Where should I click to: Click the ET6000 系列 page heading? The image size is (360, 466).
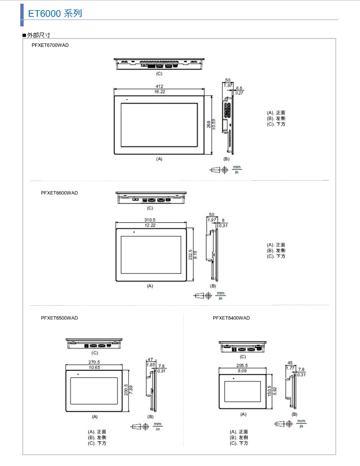point(55,13)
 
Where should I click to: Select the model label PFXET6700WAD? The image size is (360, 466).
point(50,45)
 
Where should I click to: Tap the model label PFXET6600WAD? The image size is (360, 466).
point(59,193)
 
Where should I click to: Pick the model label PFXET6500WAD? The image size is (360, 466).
point(59,318)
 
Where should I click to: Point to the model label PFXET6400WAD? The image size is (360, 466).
point(231,318)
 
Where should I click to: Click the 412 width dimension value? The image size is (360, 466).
point(160,87)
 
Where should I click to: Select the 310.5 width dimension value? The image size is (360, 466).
point(150,220)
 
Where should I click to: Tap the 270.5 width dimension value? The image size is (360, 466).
point(94,362)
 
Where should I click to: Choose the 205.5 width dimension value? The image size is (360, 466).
point(242,366)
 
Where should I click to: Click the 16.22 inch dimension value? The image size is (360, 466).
point(160,92)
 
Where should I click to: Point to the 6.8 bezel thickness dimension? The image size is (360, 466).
point(239,88)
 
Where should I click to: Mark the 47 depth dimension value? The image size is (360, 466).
point(150,360)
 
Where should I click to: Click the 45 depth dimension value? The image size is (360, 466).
point(290,363)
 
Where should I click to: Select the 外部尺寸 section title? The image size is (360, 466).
point(38,35)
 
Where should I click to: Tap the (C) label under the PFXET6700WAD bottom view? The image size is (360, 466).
point(159,74)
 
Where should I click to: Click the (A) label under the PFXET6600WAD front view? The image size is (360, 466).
point(150,286)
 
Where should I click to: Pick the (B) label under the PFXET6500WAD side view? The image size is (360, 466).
point(151,417)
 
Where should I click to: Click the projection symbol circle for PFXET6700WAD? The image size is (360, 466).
point(225,170)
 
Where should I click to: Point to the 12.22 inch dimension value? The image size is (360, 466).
point(150,226)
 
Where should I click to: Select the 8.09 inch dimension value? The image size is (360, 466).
point(242,371)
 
